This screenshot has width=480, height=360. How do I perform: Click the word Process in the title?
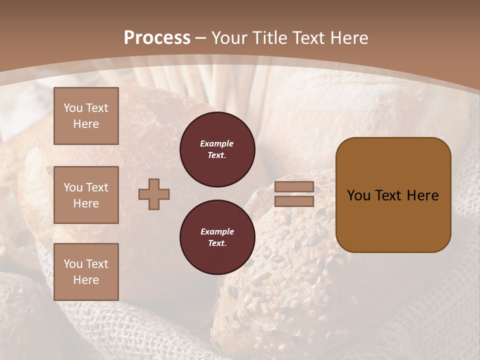tap(157, 38)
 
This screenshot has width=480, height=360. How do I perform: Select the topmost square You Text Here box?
tap(86, 116)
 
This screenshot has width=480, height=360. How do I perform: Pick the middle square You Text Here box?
tap(86, 195)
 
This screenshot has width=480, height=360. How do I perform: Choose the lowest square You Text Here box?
tap(86, 272)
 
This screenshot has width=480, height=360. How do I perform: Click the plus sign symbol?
tap(154, 194)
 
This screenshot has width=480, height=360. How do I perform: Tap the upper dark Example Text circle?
tap(217, 149)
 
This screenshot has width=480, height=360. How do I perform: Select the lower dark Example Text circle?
tap(217, 237)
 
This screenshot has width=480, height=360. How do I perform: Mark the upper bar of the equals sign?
tap(294, 187)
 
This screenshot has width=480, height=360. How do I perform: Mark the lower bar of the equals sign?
tap(294, 201)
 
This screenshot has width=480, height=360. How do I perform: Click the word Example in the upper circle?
tap(217, 143)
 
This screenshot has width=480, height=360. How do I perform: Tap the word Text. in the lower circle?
tap(217, 243)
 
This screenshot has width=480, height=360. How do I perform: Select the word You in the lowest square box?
tap(72, 264)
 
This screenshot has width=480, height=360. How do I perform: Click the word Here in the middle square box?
tap(86, 203)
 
